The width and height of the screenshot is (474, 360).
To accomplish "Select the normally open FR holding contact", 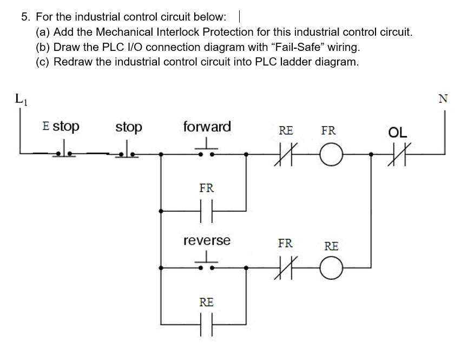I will [206, 211].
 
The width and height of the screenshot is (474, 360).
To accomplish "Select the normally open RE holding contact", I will [206, 325].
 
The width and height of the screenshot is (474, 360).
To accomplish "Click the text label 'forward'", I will [207, 127].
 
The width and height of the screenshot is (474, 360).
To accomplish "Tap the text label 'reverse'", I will [207, 240].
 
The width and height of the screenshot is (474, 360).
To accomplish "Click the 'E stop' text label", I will [60, 126].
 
